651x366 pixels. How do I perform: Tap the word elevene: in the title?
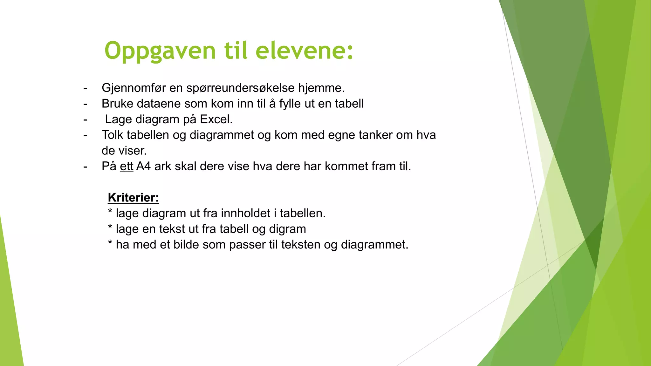304,51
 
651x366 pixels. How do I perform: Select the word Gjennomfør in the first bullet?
134,88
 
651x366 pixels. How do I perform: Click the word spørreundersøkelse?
240,88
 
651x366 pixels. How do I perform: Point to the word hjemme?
321,88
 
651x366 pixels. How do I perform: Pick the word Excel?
216,119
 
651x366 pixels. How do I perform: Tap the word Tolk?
113,135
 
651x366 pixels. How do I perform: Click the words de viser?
124,151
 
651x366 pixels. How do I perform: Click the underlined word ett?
126,166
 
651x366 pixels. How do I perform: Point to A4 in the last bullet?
143,166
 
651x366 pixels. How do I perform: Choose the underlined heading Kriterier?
133,198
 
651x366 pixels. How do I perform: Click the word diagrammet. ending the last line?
374,245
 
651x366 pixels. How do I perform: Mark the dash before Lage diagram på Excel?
85,120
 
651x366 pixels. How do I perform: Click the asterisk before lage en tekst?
110,228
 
